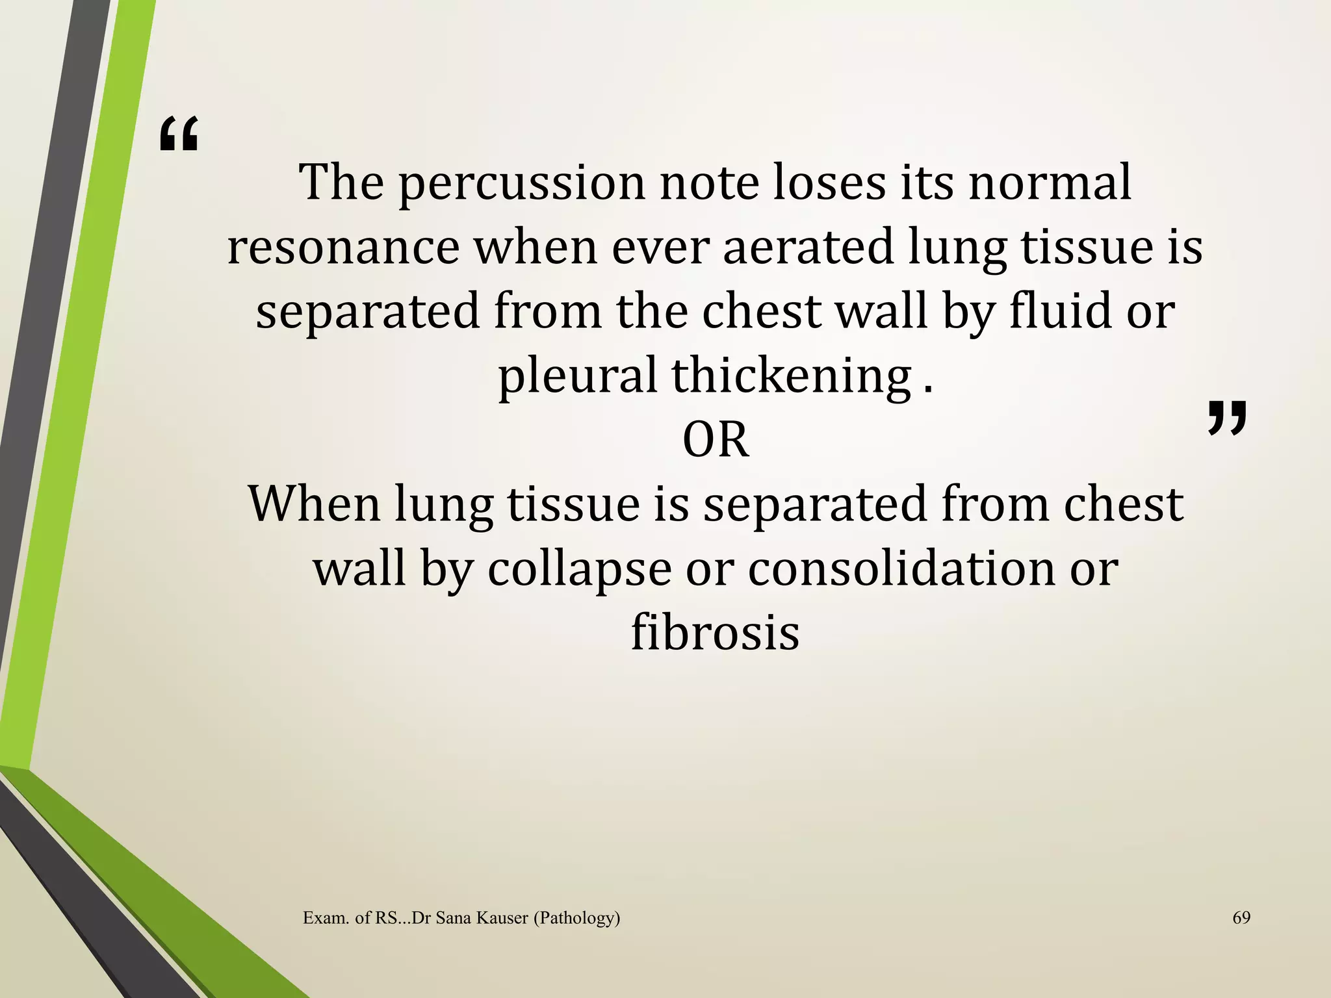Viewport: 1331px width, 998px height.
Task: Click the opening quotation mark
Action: (x=179, y=134)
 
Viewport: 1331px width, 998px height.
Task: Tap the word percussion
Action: (x=521, y=183)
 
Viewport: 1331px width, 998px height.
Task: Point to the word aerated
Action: (x=808, y=248)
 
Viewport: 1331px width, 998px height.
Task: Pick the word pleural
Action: (x=577, y=377)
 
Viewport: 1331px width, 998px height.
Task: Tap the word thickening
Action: (x=791, y=377)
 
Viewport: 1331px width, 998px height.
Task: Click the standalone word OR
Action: (x=716, y=441)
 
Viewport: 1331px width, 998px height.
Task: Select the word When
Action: (x=314, y=504)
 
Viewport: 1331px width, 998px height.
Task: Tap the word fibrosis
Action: (x=715, y=633)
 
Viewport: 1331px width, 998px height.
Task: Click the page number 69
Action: (x=1241, y=917)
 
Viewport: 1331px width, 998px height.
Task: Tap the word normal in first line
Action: (x=1050, y=183)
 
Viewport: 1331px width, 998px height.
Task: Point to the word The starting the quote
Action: (x=341, y=183)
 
